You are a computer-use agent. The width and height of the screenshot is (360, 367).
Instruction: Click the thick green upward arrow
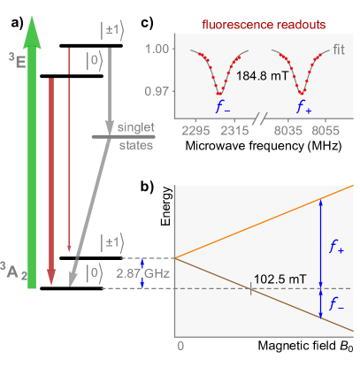32,159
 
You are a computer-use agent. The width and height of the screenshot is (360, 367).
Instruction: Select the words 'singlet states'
135,137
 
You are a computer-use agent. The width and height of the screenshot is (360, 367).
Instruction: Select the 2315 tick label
234,131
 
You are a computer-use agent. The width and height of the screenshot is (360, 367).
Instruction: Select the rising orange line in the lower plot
265,222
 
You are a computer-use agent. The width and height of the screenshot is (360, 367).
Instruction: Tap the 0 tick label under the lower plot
180,345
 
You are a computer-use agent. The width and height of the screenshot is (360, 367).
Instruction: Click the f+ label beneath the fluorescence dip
303,108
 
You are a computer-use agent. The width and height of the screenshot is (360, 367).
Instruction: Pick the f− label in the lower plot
336,305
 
